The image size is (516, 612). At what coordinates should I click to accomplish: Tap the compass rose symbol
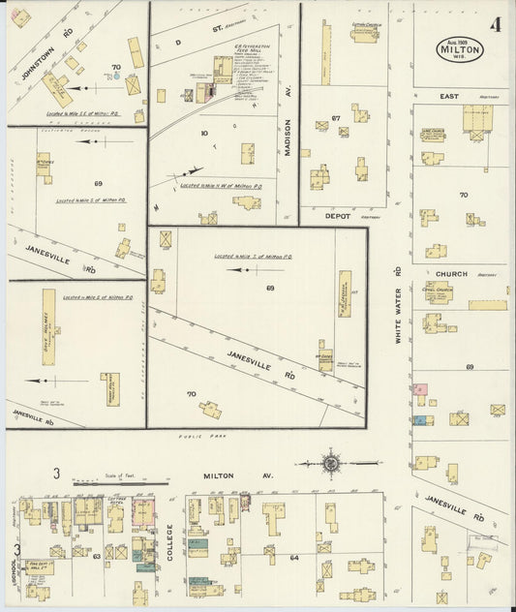332,463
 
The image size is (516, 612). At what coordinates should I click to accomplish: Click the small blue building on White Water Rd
422,418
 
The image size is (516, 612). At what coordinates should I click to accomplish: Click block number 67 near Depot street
336,118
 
